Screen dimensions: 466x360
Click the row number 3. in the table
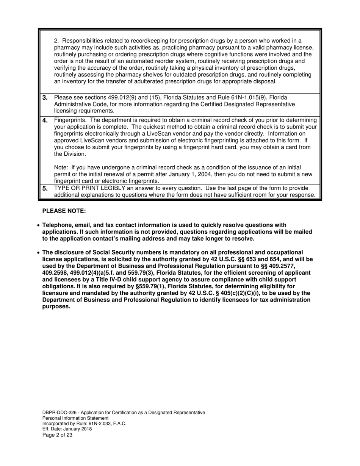(45, 98)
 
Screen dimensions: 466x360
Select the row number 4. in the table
(45, 120)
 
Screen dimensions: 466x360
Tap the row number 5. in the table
(45, 188)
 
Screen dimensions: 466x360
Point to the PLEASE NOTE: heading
(64, 211)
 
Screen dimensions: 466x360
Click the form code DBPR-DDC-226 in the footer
(59, 412)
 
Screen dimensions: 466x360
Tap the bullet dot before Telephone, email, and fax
(38, 225)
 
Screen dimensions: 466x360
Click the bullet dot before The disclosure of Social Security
(38, 253)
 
